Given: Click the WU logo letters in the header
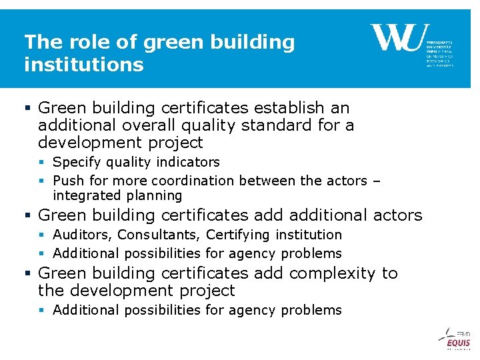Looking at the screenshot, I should (x=396, y=38).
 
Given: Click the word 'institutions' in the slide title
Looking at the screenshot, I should (x=84, y=65).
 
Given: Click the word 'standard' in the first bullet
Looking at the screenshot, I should (x=287, y=125).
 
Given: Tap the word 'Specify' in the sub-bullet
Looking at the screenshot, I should (x=75, y=162).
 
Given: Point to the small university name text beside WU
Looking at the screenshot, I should (x=439, y=53).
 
